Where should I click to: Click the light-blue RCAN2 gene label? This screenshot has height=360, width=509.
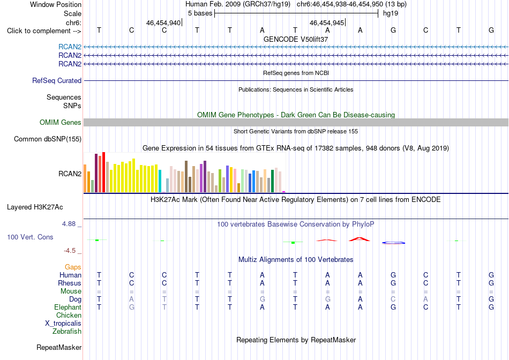[x=70, y=47]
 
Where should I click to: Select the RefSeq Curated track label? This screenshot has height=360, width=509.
[x=57, y=80]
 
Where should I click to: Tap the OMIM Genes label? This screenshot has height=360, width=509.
[x=61, y=122]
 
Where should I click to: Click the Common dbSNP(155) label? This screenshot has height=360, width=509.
[x=48, y=139]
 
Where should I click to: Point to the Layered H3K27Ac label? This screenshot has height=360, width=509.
[x=35, y=207]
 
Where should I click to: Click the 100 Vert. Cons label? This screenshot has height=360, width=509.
[x=30, y=237]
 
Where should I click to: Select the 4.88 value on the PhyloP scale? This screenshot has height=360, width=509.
[x=69, y=224]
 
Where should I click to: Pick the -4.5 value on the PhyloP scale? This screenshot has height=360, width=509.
[x=70, y=251]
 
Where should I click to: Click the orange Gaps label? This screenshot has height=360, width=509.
[x=73, y=267]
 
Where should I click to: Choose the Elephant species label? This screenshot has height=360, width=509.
[x=68, y=307]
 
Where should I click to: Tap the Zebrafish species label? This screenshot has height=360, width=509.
[x=67, y=332]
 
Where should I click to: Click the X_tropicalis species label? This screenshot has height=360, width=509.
[x=63, y=324]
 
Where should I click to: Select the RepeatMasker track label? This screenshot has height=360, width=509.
[x=59, y=347]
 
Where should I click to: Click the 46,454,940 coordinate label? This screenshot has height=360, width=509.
[x=163, y=22]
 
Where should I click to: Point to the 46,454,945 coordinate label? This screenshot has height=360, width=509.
[x=327, y=22]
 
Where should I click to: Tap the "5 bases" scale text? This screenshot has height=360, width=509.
[x=200, y=13]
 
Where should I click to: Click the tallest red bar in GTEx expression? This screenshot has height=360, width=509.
[x=103, y=172]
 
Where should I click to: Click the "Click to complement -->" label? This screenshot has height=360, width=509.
[x=44, y=31]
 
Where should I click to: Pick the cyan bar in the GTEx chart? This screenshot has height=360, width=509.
[x=160, y=181]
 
